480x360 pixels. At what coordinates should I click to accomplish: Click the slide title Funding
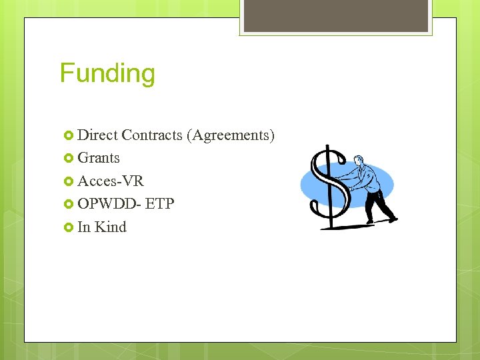[x=107, y=73]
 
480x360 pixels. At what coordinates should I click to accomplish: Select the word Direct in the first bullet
[x=97, y=135]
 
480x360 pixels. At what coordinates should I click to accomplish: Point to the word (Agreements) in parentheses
[x=231, y=135]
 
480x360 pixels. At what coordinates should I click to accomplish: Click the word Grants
[x=99, y=158]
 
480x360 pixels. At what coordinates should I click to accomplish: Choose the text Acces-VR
[x=111, y=181]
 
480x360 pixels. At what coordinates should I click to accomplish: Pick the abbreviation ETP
[x=160, y=204]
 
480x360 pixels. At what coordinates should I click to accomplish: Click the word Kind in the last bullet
[x=111, y=227]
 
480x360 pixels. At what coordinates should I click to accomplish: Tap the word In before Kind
[x=84, y=227]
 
